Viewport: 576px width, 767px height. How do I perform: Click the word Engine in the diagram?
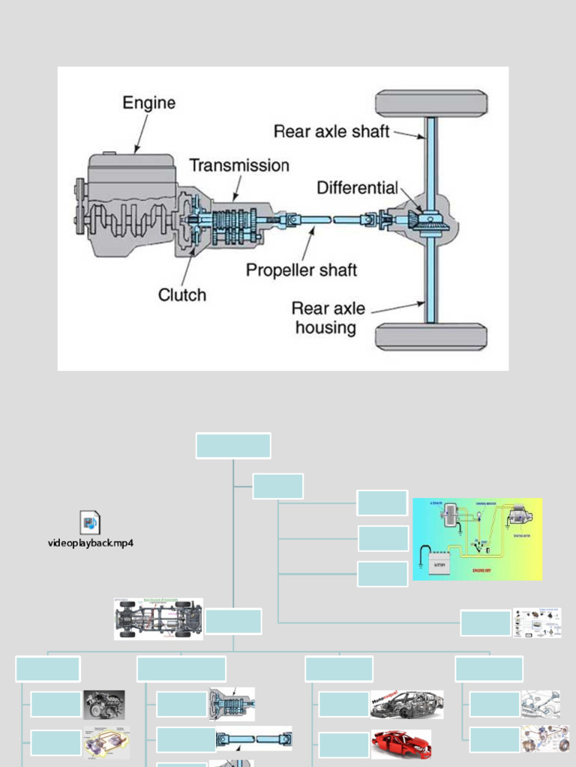tap(148, 103)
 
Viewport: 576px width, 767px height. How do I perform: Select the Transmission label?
tap(238, 166)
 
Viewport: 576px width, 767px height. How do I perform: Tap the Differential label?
tap(357, 188)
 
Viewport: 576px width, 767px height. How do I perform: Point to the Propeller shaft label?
tap(301, 270)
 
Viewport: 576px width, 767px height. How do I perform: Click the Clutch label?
tap(181, 295)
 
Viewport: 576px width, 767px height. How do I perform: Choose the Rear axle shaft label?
tap(331, 132)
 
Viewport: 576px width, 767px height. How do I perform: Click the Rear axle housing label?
tap(328, 318)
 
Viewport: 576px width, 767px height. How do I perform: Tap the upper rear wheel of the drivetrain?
tap(431, 103)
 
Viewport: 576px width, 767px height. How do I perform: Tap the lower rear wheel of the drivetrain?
tap(431, 336)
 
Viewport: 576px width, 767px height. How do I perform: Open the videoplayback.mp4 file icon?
tap(90, 522)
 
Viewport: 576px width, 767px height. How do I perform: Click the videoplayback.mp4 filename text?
tap(91, 543)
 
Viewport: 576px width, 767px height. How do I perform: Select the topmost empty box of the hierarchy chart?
tap(233, 445)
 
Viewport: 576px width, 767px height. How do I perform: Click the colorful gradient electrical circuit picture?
tap(477, 539)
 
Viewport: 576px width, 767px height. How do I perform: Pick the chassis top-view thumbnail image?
tap(158, 619)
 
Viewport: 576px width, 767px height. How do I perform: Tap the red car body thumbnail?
tap(401, 744)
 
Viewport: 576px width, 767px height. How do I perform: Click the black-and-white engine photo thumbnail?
tap(104, 705)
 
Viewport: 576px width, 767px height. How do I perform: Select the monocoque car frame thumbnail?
tap(407, 705)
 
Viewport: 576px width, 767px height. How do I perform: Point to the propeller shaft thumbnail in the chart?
tap(254, 739)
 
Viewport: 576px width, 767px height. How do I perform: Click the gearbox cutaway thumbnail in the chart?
tap(232, 704)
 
